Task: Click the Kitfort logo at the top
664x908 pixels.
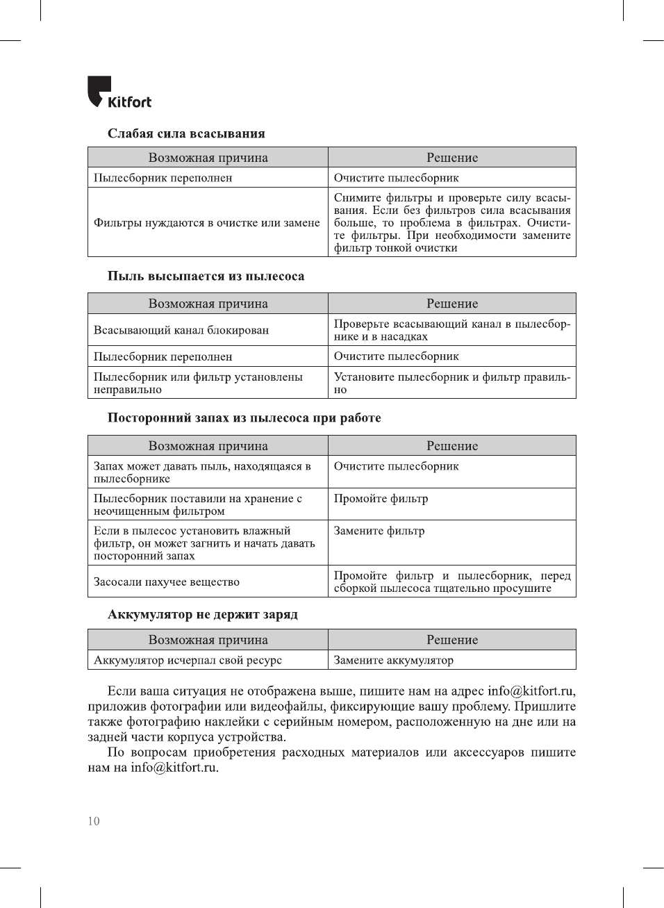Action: tap(119, 92)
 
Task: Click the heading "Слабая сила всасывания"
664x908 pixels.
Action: tap(186, 133)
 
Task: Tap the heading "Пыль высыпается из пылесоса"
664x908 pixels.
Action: tap(206, 276)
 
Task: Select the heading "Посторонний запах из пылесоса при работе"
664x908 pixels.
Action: tap(244, 418)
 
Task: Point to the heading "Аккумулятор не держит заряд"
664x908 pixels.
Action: tap(202, 614)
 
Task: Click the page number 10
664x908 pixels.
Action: tap(94, 821)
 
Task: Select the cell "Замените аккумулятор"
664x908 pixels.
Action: tap(394, 660)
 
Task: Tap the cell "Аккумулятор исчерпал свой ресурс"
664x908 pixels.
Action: tap(188, 660)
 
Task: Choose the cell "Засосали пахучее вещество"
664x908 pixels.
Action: tap(167, 581)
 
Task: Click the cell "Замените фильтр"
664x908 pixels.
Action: tap(379, 531)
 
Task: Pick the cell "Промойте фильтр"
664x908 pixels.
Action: tap(381, 499)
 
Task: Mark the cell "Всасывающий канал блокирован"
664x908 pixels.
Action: tap(181, 330)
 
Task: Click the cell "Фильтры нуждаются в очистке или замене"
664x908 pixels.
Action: tap(207, 222)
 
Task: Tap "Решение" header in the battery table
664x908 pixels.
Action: tap(452, 640)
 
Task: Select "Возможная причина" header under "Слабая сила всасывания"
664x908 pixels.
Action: tap(208, 158)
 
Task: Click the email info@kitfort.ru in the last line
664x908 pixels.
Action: tap(174, 768)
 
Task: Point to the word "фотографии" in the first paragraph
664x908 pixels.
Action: tap(183, 707)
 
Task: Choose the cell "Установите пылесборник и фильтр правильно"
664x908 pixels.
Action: tap(451, 383)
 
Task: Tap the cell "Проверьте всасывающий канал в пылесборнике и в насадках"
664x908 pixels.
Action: tap(451, 330)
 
